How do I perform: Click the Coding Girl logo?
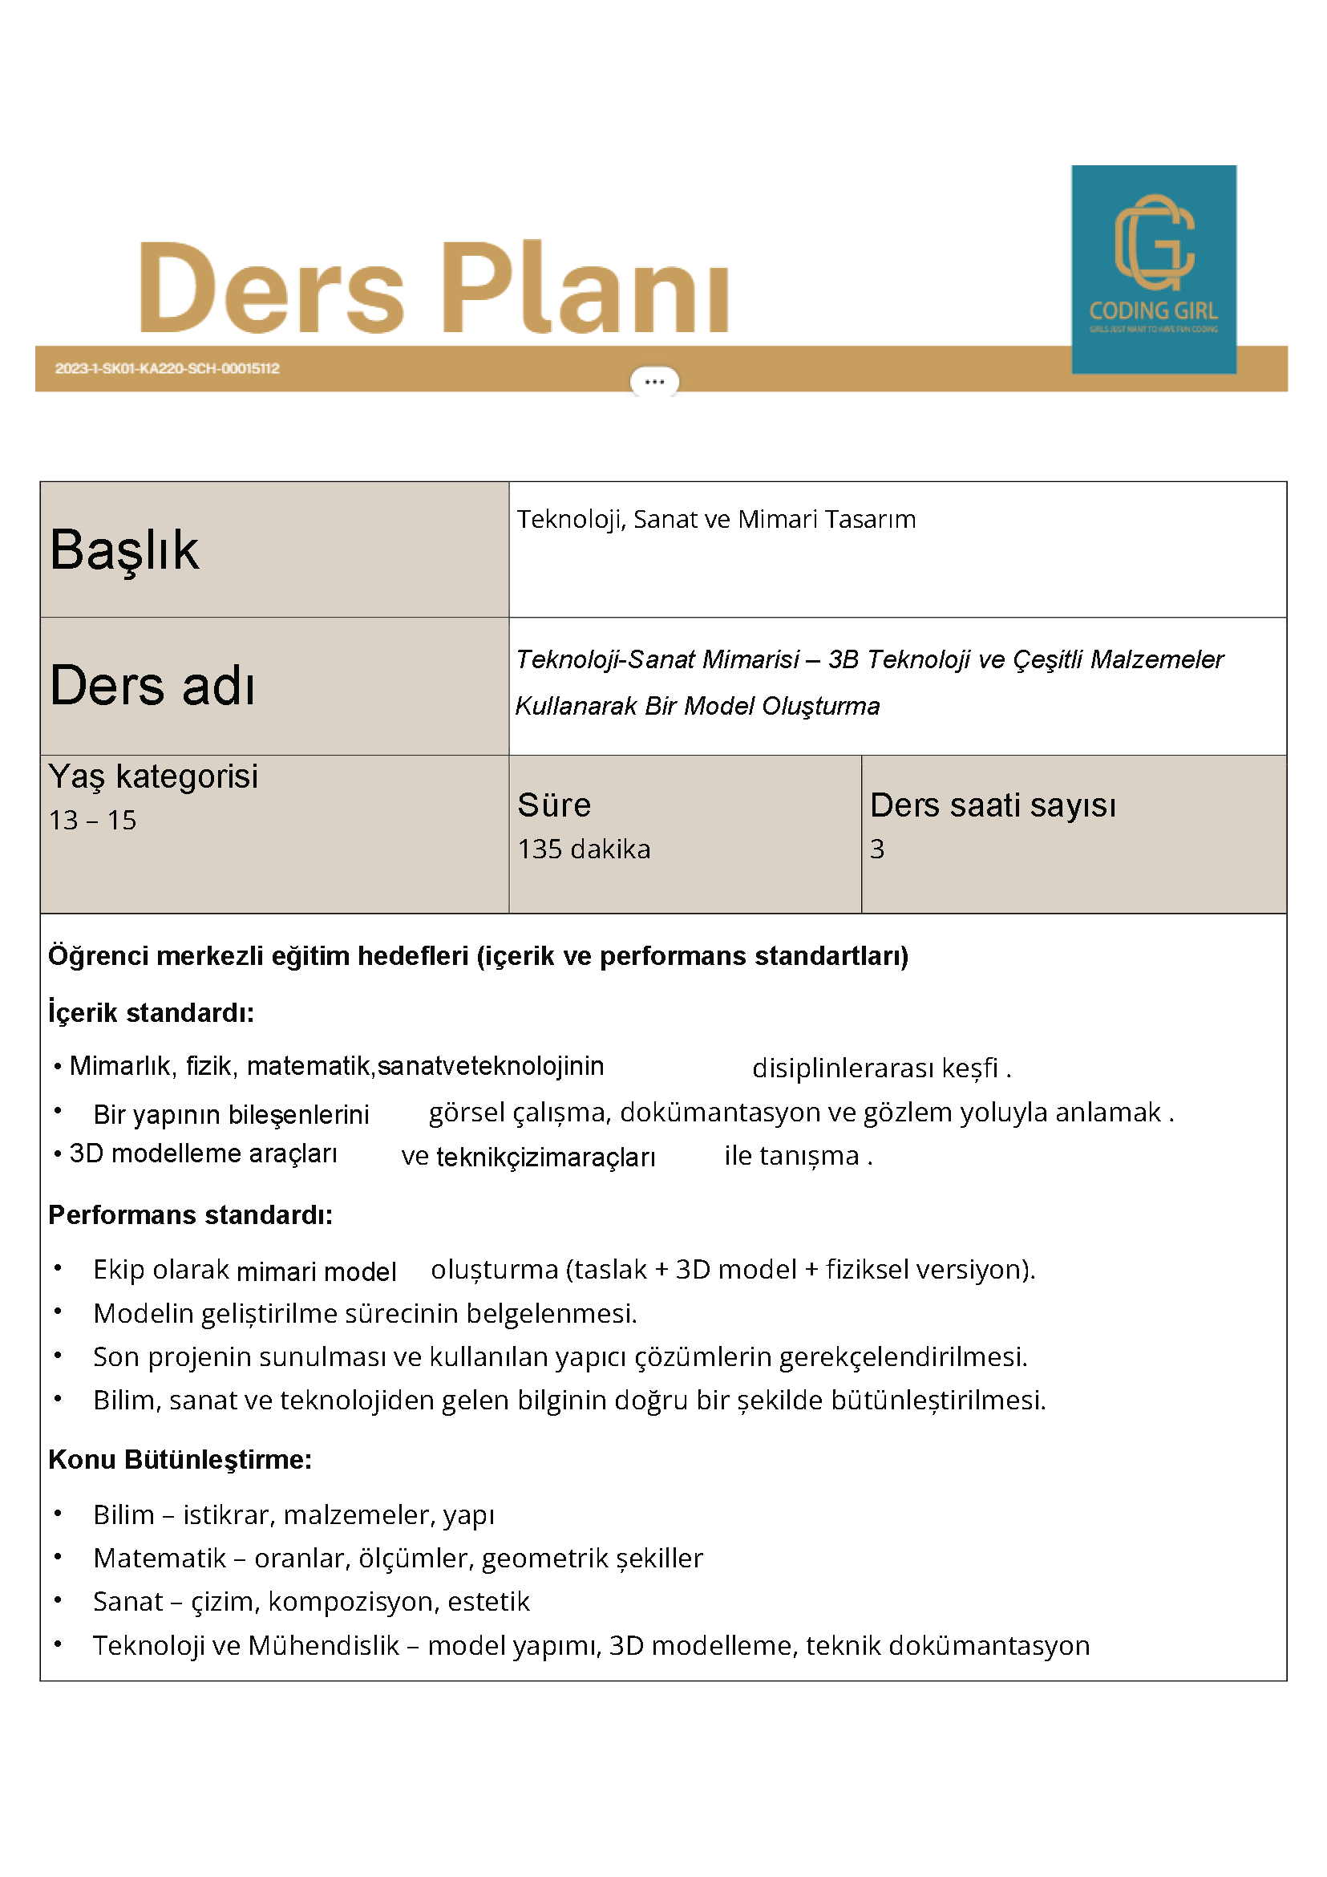tap(1153, 269)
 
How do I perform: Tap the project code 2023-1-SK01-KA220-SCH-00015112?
tap(168, 369)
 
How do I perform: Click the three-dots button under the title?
tap(653, 382)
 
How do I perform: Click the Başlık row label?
tap(124, 549)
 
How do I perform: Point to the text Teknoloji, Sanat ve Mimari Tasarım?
tap(716, 519)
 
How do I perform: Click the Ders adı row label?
tap(153, 685)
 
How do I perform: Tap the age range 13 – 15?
tap(92, 820)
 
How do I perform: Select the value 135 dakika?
tap(584, 849)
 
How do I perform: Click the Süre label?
tap(554, 805)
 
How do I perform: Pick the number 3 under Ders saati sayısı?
tap(876, 849)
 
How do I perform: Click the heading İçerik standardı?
tap(152, 1013)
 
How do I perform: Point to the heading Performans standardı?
tap(190, 1214)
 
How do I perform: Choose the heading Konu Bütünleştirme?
tap(180, 1459)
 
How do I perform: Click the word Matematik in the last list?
tap(160, 1559)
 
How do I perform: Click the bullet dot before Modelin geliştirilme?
tap(58, 1311)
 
